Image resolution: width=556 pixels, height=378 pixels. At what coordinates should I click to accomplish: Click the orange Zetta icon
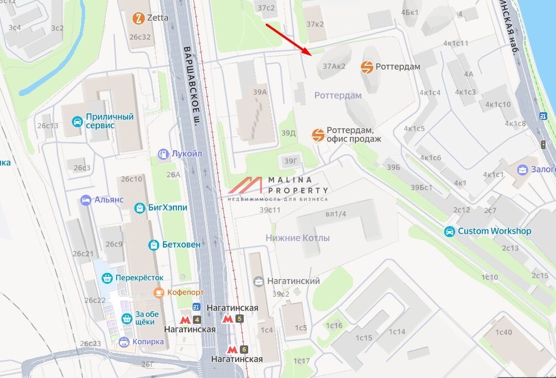tap(138, 18)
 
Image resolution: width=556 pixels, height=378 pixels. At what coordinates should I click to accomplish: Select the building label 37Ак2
tap(334, 66)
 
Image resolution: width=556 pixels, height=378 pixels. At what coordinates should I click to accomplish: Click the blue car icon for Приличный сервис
tap(77, 121)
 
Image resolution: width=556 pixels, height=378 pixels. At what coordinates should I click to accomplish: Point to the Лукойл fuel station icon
tap(163, 154)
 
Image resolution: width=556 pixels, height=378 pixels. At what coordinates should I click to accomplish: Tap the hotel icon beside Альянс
tap(86, 200)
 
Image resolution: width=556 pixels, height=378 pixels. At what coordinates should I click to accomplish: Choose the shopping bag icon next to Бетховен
tap(153, 244)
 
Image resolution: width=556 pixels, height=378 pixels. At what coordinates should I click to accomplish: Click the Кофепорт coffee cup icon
tap(159, 292)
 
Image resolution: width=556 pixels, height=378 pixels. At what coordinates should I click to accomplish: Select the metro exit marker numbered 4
tap(197, 319)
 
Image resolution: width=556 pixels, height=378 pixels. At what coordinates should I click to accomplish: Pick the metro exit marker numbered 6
tap(244, 349)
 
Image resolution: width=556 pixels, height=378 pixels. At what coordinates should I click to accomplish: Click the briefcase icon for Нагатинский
tap(259, 281)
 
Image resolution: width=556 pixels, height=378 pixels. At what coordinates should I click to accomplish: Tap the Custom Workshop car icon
tap(450, 232)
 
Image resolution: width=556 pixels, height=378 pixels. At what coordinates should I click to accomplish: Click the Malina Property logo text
tap(298, 185)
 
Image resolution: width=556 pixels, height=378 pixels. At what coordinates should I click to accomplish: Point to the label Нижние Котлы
tap(297, 238)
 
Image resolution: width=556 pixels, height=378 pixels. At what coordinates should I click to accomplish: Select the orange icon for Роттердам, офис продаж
tap(318, 135)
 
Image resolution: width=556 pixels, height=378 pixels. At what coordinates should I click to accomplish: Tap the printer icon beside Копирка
tap(124, 342)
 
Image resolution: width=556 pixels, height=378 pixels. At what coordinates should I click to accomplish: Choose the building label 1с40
tap(503, 332)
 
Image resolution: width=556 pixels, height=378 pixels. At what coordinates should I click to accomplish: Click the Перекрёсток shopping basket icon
tap(107, 278)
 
